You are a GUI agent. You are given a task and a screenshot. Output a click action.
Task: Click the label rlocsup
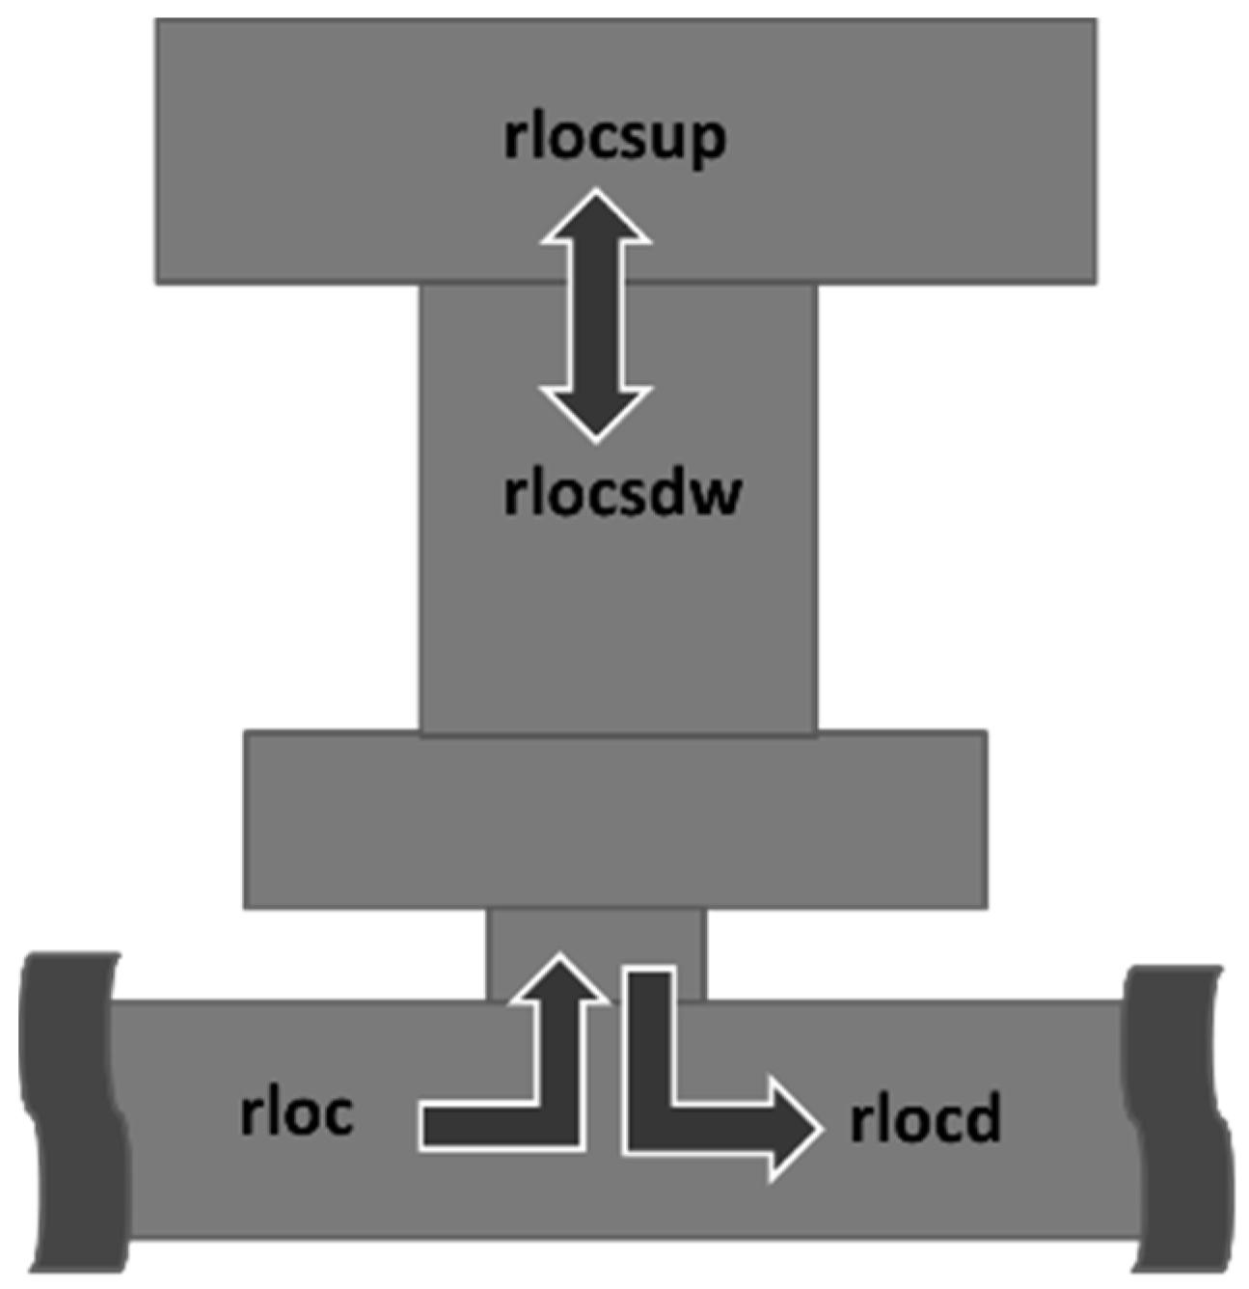613,139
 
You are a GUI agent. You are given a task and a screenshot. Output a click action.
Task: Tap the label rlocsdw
622,493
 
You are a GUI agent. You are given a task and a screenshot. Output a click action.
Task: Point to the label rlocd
925,1120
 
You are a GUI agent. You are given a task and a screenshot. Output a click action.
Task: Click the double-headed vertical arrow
596,315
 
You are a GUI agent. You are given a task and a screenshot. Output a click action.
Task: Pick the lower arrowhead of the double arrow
596,410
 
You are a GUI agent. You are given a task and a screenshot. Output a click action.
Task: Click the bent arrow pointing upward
559,1061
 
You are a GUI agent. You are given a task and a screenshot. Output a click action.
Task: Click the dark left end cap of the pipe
71,1110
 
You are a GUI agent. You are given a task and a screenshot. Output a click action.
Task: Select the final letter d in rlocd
983,1120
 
